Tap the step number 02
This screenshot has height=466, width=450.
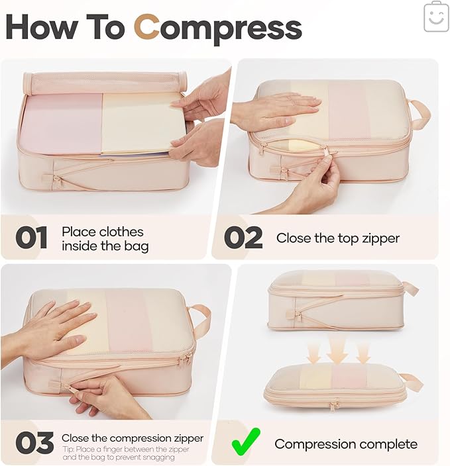tap(243, 238)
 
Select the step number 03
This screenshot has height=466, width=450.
tap(34, 443)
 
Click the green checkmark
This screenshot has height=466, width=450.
tap(246, 442)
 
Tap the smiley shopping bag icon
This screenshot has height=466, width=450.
tap(435, 17)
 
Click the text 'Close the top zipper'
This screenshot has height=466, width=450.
tap(337, 238)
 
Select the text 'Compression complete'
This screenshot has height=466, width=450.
tap(345, 443)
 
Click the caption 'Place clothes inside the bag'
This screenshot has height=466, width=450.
tap(105, 239)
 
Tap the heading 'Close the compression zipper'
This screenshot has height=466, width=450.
tap(132, 438)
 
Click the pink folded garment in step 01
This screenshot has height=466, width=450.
tap(60, 122)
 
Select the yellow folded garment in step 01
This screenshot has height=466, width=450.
tap(139, 122)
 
